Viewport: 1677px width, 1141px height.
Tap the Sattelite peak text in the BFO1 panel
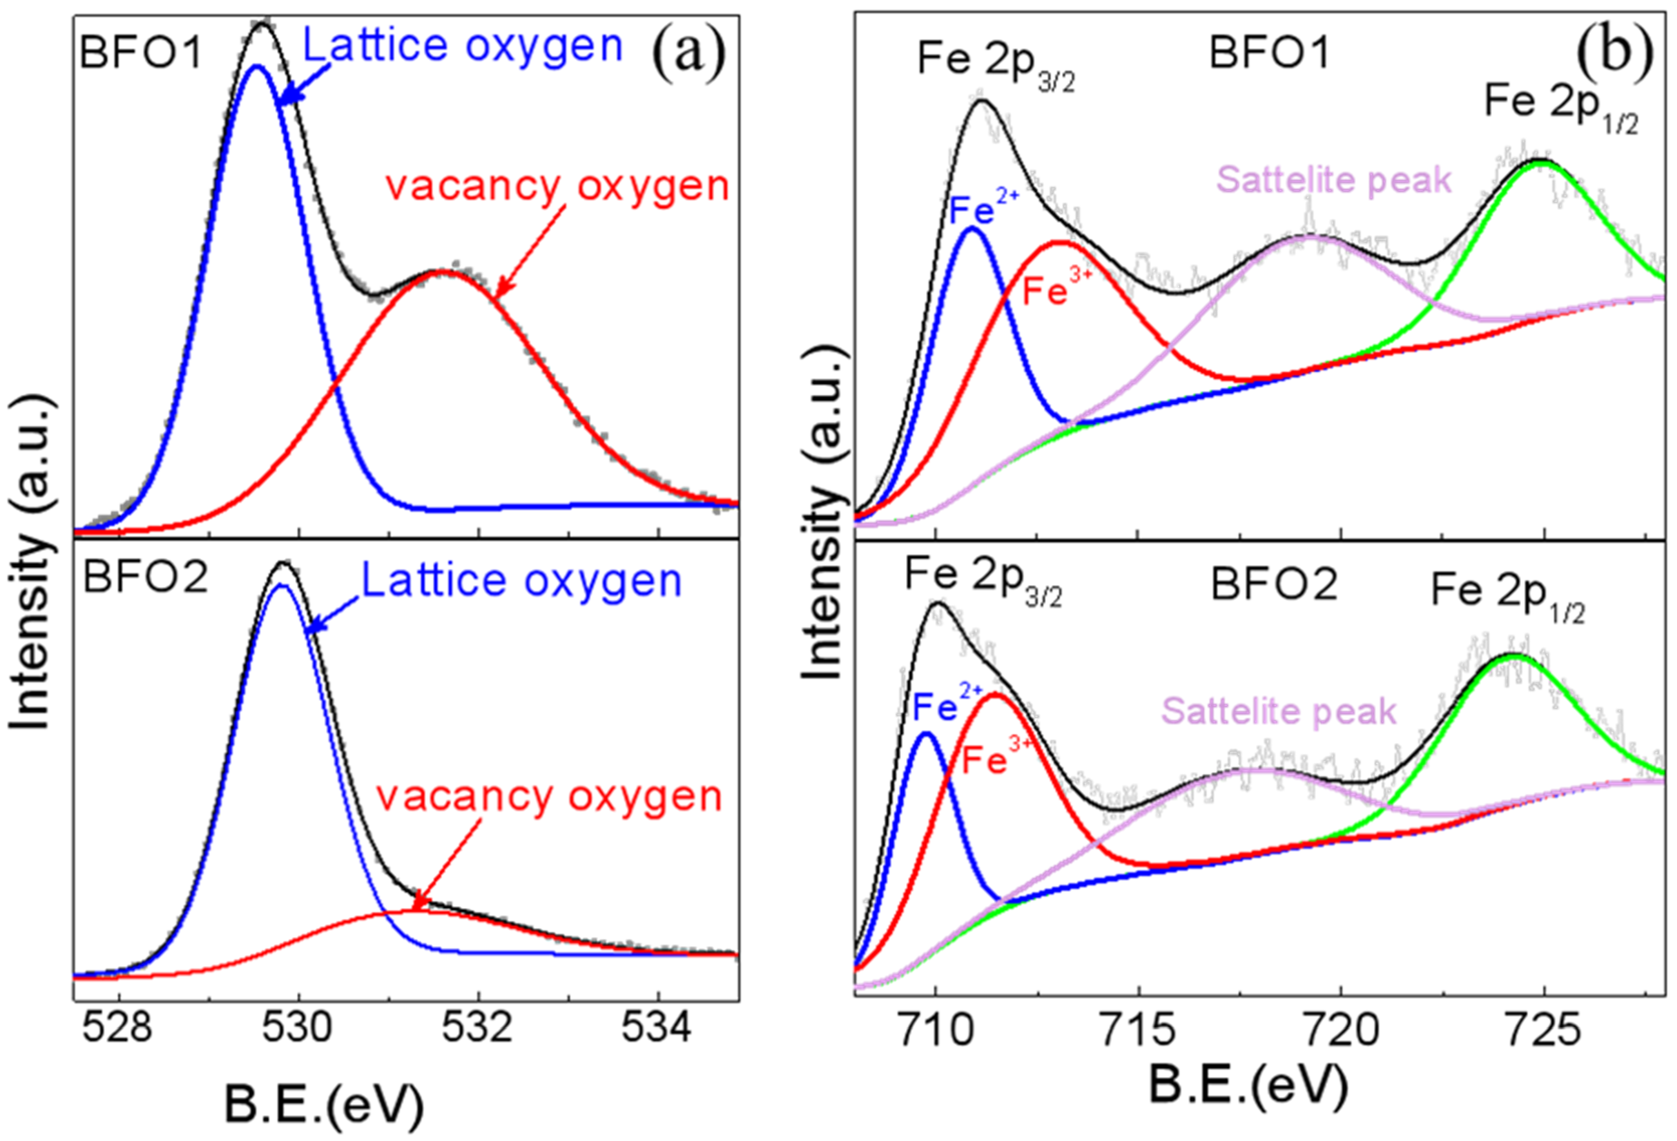1333,179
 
